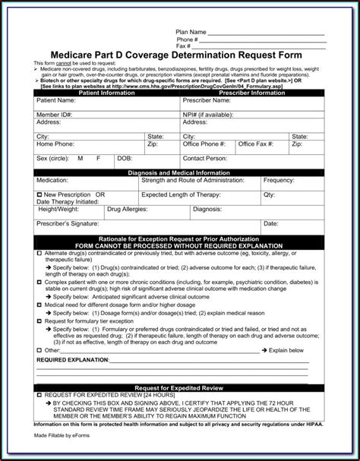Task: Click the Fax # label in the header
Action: click(x=182, y=46)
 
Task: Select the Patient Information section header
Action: click(x=106, y=93)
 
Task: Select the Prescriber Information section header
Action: click(x=250, y=93)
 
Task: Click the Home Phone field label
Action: click(x=54, y=144)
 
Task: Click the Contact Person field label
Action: click(x=205, y=159)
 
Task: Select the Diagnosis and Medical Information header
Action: click(x=178, y=173)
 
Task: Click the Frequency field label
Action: click(x=278, y=180)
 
